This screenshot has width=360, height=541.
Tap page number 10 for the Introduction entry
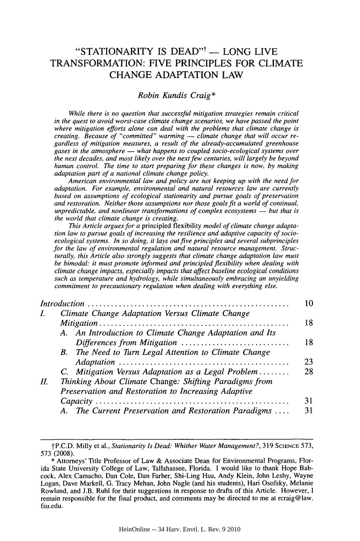[308, 304]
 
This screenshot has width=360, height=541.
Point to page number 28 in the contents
[308, 372]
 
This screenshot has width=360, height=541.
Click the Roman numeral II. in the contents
[44, 381]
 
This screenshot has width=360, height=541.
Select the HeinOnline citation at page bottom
[180, 529]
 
